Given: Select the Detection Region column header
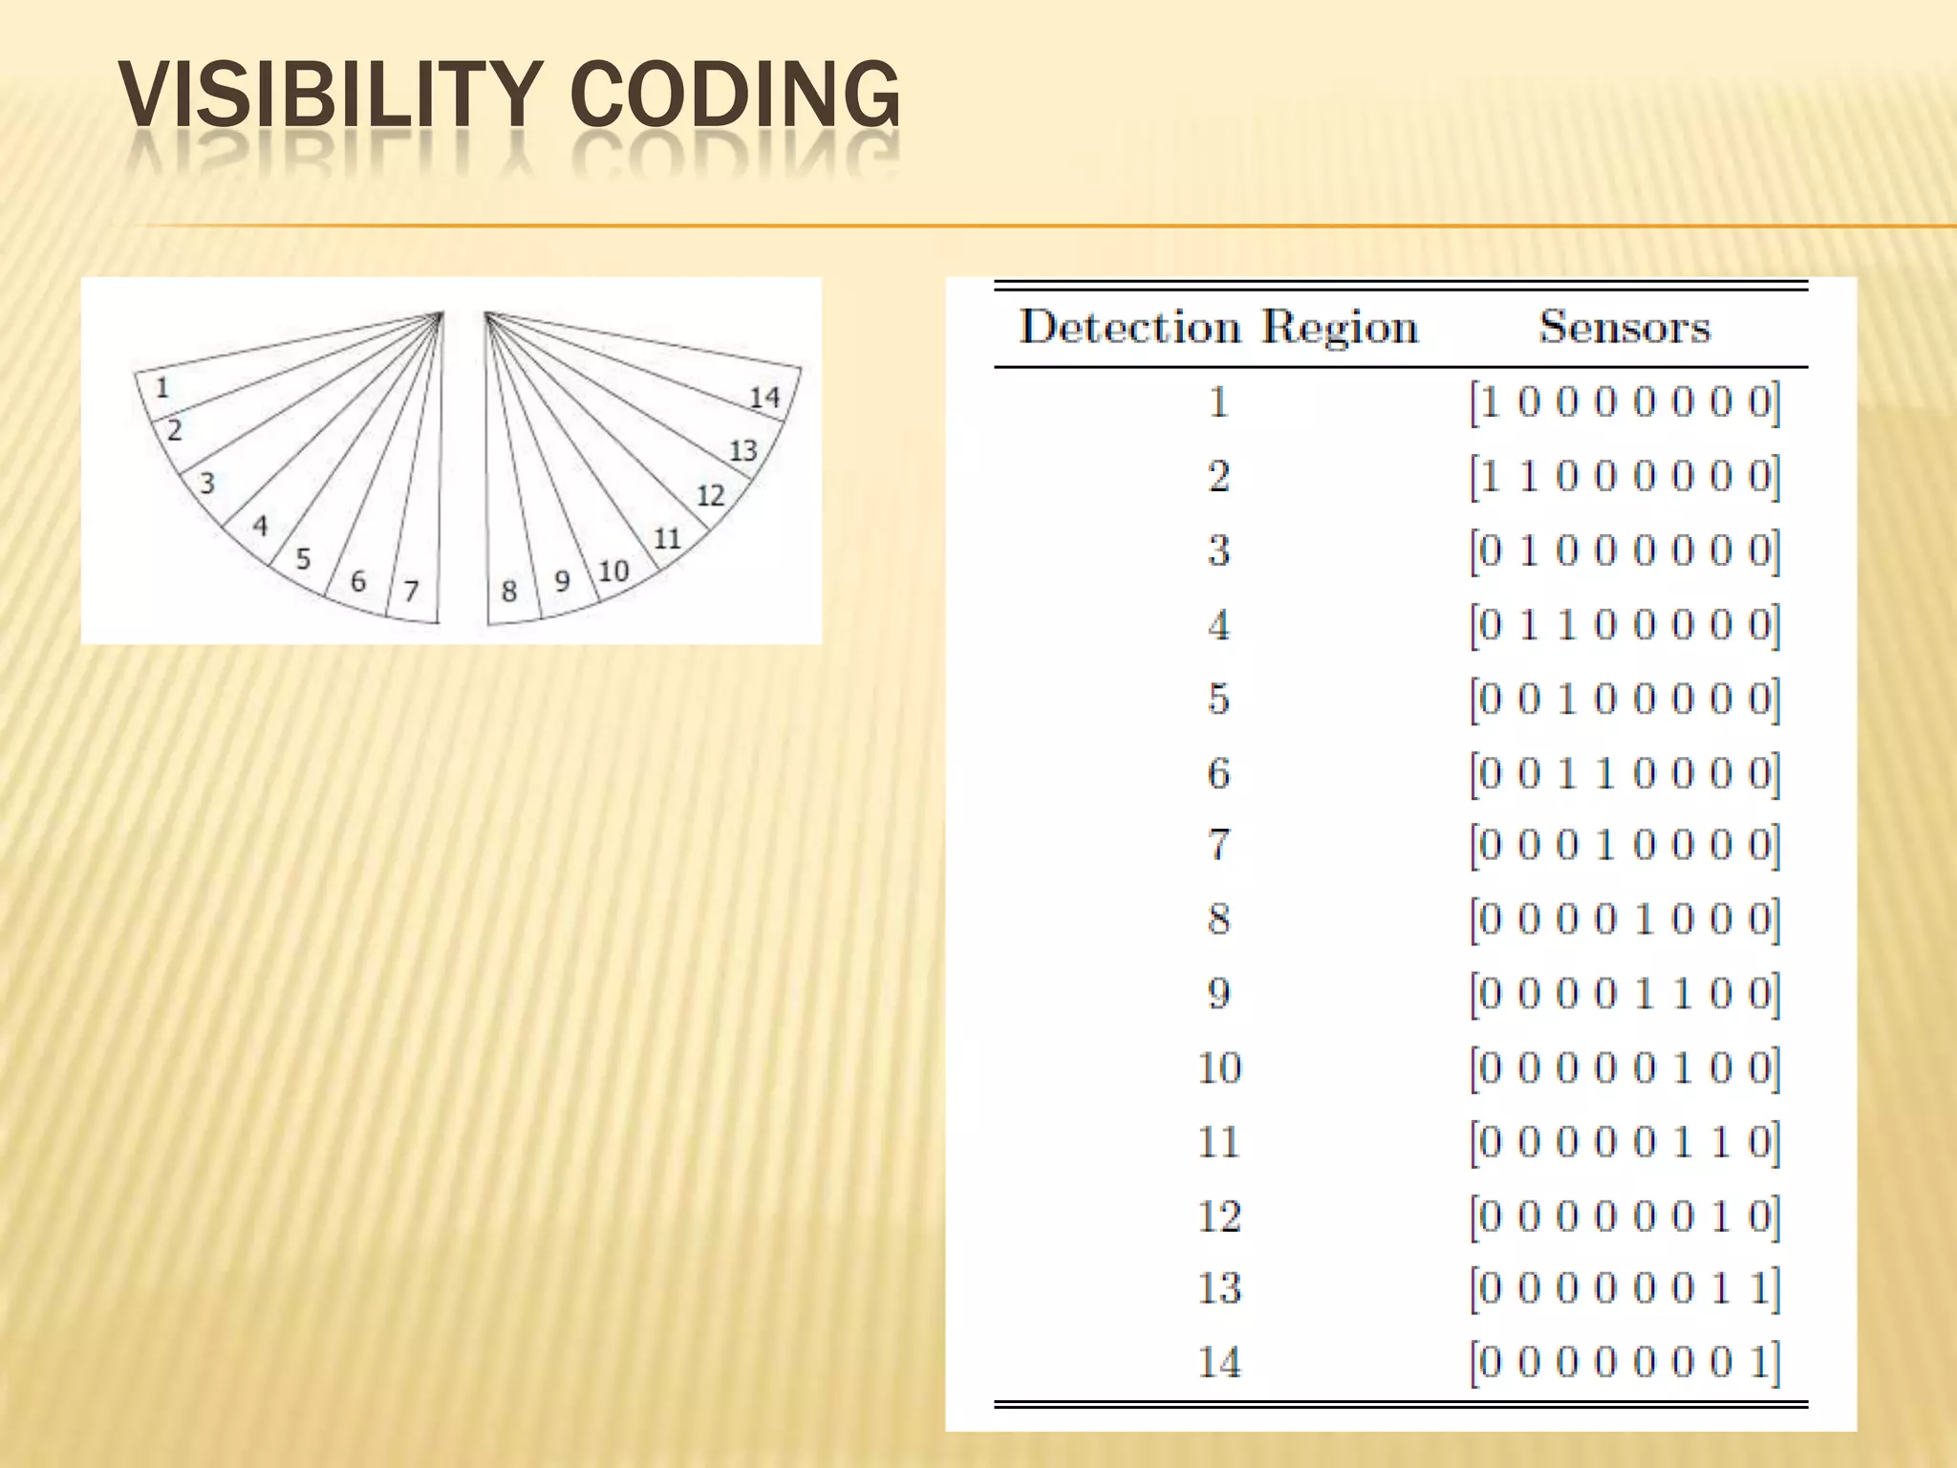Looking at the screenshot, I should point(1218,327).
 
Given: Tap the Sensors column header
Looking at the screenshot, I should point(1624,327).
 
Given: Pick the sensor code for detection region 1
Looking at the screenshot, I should point(1624,402).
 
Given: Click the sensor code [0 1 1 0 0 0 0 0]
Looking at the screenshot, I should point(1624,625).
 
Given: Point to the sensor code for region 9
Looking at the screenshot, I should point(1624,994).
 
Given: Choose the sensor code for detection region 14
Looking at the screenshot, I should point(1624,1362).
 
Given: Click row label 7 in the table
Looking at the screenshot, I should point(1218,845).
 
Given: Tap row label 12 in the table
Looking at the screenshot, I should point(1219,1216).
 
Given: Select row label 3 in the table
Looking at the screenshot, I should point(1218,550).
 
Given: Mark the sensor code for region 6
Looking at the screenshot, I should point(1624,773).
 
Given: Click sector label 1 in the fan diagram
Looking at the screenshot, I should point(162,387).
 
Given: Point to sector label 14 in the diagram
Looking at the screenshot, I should point(764,397).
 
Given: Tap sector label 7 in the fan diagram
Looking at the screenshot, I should point(411,591).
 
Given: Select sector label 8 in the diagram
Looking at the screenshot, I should point(509,592).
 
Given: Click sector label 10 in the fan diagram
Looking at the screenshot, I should point(613,572).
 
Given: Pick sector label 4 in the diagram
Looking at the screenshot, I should point(260,526).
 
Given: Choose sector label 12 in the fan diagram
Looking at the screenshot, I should point(710,495).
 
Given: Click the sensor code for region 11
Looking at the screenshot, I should point(1624,1142).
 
